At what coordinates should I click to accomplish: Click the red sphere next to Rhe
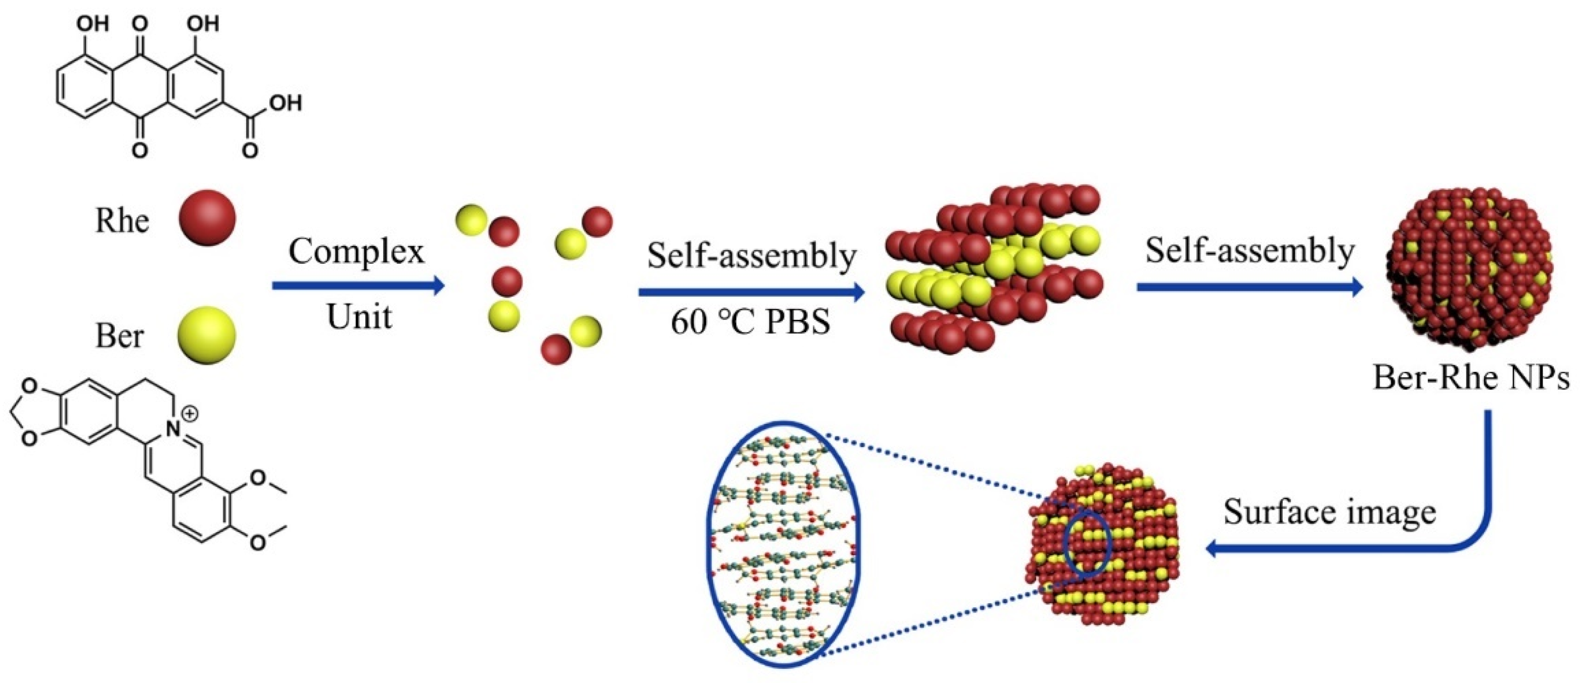[x=207, y=218]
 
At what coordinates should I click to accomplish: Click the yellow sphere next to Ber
[x=207, y=335]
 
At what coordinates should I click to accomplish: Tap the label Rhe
[x=121, y=220]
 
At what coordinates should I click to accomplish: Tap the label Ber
[x=120, y=336]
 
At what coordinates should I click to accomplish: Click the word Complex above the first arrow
[x=356, y=252]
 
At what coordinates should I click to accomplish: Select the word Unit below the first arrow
[x=359, y=317]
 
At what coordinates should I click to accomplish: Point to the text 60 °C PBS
[x=750, y=321]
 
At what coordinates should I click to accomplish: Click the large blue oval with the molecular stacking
[x=784, y=553]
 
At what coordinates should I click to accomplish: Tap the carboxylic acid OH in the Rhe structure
[x=286, y=103]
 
